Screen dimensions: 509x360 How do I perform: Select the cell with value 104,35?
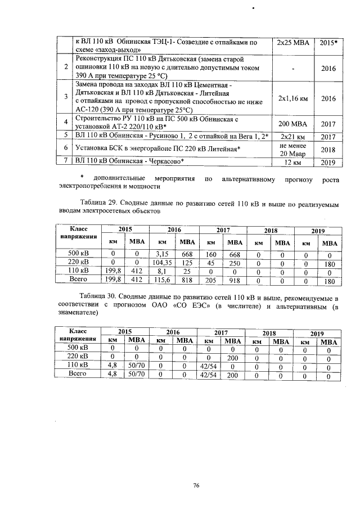click(163, 262)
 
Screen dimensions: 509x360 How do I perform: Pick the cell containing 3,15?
click(163, 253)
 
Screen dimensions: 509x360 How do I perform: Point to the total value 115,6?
click(163, 279)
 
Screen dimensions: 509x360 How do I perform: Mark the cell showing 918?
click(235, 279)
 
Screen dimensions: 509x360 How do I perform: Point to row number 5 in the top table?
click(66, 136)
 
